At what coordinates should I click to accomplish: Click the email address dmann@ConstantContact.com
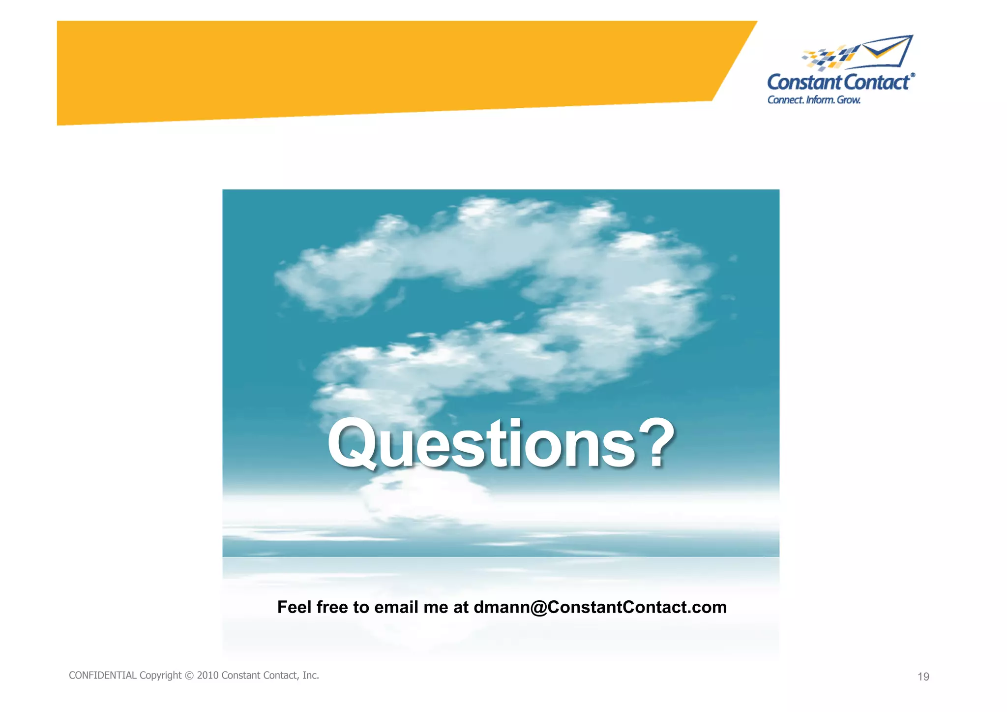[x=600, y=607]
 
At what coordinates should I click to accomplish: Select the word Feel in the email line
[x=295, y=607]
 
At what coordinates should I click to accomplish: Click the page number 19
[x=923, y=677]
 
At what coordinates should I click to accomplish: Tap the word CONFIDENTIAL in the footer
[x=102, y=676]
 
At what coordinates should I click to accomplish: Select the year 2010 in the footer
[x=207, y=676]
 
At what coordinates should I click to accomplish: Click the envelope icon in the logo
[x=888, y=51]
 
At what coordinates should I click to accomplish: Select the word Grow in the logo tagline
[x=848, y=100]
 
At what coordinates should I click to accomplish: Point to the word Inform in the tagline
[x=820, y=100]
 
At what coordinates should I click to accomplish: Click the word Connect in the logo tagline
[x=785, y=100]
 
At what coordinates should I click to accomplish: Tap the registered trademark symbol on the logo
[x=913, y=75]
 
